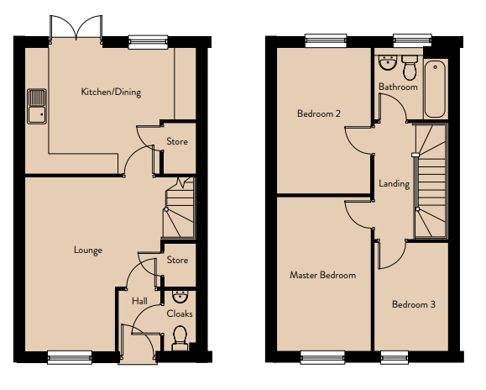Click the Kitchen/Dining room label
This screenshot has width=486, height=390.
(111, 92)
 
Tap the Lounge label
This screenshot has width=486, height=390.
(88, 250)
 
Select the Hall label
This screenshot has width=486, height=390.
(139, 301)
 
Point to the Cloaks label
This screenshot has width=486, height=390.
(180, 314)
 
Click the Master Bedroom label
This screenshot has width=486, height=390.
(322, 275)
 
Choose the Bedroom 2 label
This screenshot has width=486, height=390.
(319, 113)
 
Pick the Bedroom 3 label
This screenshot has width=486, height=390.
(414, 304)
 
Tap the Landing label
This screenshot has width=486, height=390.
(394, 184)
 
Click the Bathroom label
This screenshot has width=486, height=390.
(398, 87)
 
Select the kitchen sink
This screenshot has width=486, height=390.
(37, 107)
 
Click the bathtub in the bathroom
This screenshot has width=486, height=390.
(435, 89)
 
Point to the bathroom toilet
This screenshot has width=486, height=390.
(410, 67)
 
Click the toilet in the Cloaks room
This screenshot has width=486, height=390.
(180, 338)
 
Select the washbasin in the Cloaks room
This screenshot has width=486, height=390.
(180, 297)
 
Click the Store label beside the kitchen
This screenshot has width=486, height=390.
(177, 141)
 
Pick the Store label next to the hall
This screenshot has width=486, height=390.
(177, 260)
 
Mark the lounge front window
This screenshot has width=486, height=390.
(70, 357)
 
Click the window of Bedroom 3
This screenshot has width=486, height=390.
(395, 357)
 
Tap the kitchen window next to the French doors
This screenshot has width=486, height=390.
(149, 42)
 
